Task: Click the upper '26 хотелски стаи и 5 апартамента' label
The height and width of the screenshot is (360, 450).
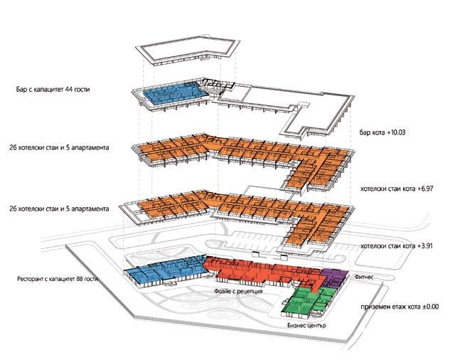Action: point(63,149)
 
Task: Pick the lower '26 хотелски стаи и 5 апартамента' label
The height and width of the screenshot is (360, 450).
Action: point(63,209)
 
